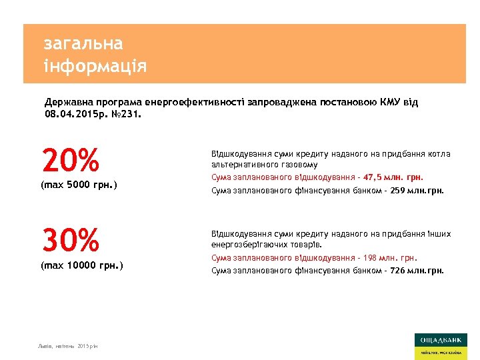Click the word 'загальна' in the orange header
point(83,44)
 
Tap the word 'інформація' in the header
point(95,67)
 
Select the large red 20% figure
point(70,161)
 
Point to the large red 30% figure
point(70,240)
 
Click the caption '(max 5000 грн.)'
point(79,184)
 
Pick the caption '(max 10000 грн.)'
point(81,265)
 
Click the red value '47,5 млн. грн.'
point(394,177)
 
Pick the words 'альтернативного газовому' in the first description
point(264,164)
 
